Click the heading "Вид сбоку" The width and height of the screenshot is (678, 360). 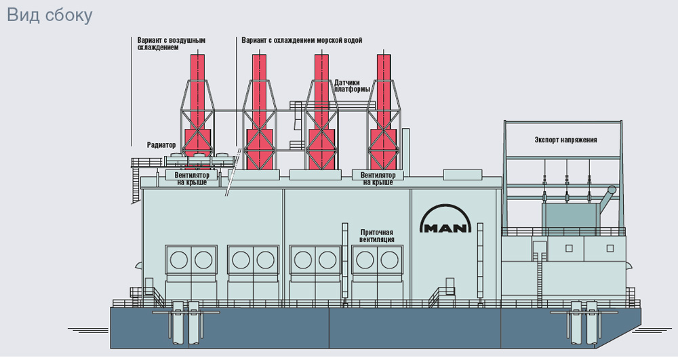pyautogui.click(x=49, y=15)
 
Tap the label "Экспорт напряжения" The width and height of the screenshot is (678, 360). pyautogui.click(x=565, y=140)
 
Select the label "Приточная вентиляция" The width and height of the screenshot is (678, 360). pyautogui.click(x=377, y=236)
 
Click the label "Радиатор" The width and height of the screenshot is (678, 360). pyautogui.click(x=161, y=145)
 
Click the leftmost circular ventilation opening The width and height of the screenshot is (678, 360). pyautogui.click(x=180, y=260)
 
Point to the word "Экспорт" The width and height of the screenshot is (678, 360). pyautogui.click(x=548, y=140)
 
